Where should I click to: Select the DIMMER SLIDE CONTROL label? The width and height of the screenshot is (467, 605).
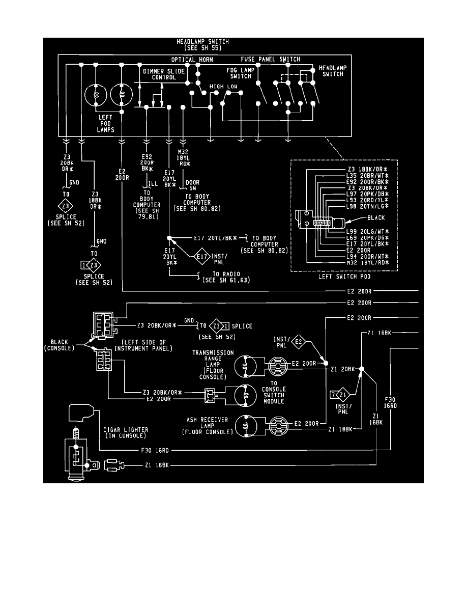(160, 74)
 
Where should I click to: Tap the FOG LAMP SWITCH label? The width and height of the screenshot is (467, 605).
(241, 73)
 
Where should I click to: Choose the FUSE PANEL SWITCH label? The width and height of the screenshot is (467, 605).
(270, 60)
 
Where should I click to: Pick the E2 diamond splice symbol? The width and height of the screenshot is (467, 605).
(299, 343)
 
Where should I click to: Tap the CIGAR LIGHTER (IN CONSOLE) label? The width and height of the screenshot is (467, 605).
(125, 433)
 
